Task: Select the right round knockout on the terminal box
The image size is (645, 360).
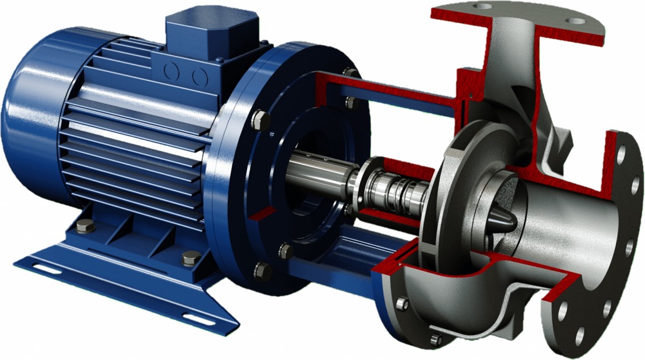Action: (x=199, y=77)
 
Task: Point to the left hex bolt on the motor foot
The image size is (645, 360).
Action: (x=84, y=226)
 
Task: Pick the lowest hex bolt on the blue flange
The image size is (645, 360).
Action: (x=262, y=270)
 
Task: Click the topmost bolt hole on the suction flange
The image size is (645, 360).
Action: (x=621, y=155)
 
